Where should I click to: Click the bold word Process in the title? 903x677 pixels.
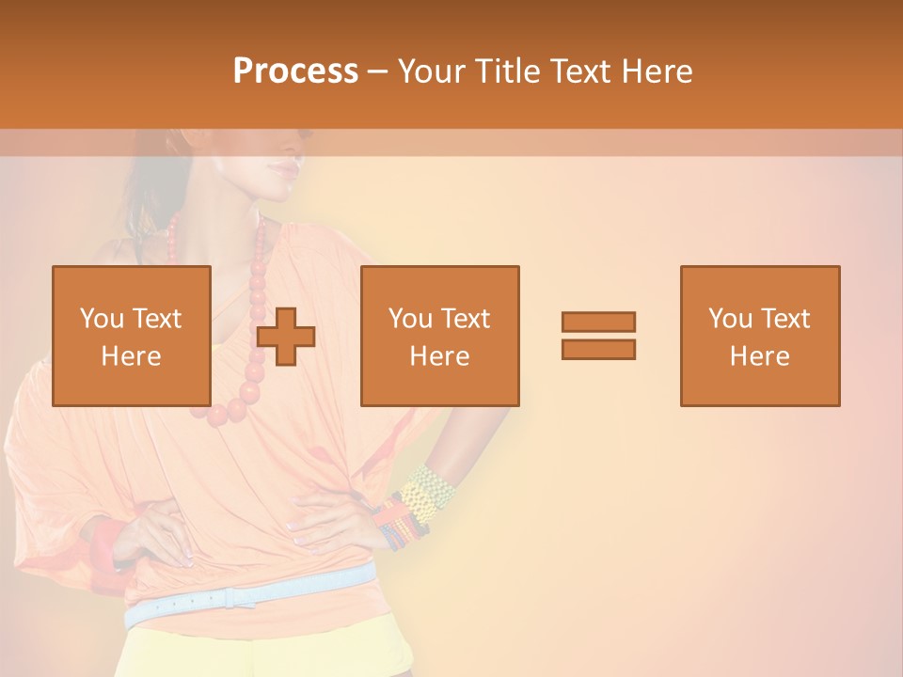[295, 71]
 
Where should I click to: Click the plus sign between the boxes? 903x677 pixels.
[286, 336]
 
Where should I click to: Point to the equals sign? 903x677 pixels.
[598, 336]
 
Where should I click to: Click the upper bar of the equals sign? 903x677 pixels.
[598, 322]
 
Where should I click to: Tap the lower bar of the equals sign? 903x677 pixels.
[598, 349]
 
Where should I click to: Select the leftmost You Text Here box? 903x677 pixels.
[132, 336]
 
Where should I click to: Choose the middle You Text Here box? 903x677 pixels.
[439, 336]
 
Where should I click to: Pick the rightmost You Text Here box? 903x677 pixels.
[759, 336]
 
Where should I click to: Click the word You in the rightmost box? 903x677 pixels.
[730, 319]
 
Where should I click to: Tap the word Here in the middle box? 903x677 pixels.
[439, 356]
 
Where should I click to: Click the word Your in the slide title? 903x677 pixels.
[436, 71]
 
